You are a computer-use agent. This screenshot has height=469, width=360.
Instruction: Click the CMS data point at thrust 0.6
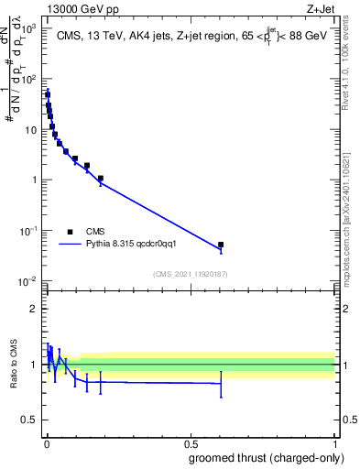(221, 245)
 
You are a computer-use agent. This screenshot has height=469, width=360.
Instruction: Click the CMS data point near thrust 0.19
(101, 179)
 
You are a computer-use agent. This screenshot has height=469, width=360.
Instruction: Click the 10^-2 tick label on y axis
(30, 280)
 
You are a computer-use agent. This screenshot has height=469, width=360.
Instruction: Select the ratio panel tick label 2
(35, 309)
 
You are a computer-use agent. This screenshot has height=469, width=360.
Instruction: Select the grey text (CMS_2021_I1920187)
(190, 273)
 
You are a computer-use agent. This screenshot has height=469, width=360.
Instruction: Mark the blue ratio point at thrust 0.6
(221, 384)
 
